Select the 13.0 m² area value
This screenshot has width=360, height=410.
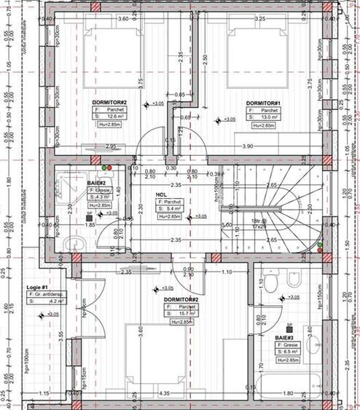tap(267, 117)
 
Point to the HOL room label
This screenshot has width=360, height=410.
tap(162, 194)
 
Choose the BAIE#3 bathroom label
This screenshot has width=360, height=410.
tap(286, 337)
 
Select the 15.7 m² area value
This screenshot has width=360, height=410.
tap(184, 314)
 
